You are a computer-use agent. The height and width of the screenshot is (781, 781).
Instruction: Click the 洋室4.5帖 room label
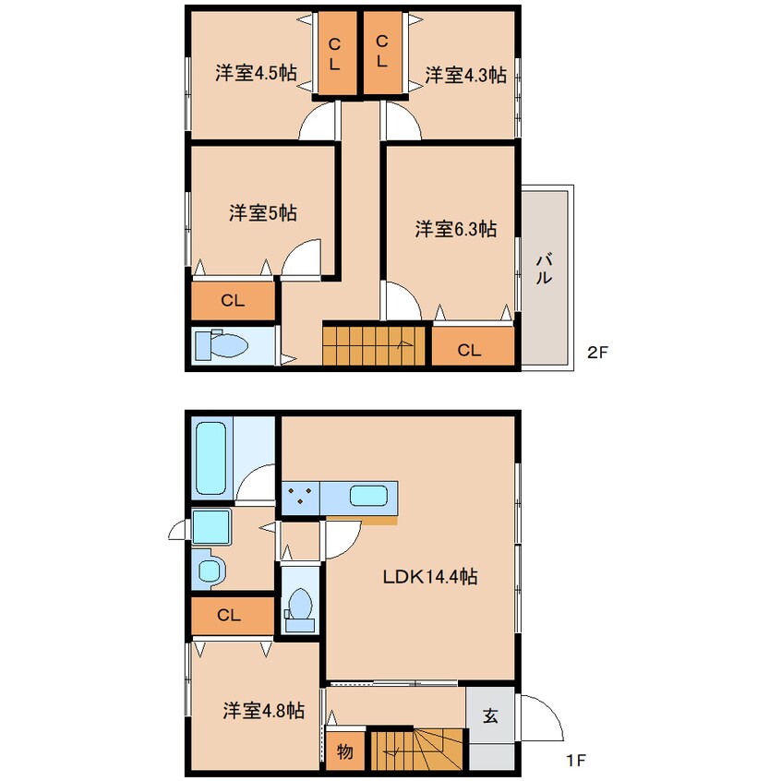pos(256,73)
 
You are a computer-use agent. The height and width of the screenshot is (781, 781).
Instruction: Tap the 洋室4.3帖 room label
pos(465,75)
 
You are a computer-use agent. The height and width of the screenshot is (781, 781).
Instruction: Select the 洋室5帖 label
pos(263,213)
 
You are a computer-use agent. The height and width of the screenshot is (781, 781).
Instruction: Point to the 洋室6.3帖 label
pos(456,229)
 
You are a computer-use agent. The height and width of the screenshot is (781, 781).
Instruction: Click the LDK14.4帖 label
pos(430,577)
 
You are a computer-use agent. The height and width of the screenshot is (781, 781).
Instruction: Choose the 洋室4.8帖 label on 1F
pos(263,710)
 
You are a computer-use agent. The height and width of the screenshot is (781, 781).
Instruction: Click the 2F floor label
pos(597,353)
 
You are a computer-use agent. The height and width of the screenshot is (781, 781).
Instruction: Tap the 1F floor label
pos(576,761)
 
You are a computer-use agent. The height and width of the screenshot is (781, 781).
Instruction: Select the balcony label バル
pos(544,269)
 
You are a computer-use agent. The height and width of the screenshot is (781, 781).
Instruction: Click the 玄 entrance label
pos(490,715)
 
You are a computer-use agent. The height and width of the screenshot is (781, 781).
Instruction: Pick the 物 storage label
pos(344,751)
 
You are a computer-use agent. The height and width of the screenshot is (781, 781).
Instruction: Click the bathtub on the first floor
pos(211,458)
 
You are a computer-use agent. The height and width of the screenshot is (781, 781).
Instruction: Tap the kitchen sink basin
pos(368,496)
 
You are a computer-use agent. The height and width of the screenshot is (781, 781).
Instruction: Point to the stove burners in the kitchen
pos(300,497)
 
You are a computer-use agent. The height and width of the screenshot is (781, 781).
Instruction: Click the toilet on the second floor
pos(222,344)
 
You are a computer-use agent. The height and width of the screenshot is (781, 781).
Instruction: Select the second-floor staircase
pos(374,345)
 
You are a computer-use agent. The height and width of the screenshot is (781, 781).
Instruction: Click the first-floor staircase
pos(417,751)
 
